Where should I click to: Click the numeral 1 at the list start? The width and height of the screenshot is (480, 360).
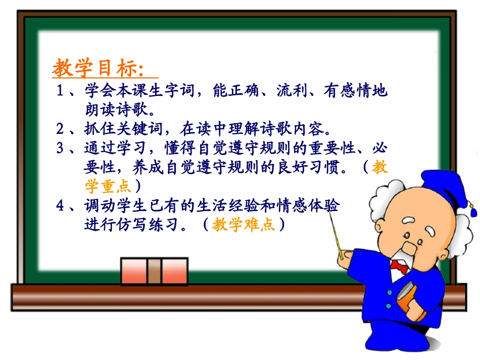click(x=60, y=91)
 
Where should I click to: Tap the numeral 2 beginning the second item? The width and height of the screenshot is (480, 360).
click(x=60, y=129)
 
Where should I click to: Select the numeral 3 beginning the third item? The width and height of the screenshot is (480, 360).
click(x=60, y=148)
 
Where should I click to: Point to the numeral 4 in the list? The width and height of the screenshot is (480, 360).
click(x=60, y=205)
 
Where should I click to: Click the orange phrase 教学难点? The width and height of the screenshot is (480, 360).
click(x=244, y=224)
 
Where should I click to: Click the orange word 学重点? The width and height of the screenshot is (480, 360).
click(x=108, y=186)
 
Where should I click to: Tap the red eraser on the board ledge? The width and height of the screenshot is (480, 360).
click(x=154, y=271)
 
